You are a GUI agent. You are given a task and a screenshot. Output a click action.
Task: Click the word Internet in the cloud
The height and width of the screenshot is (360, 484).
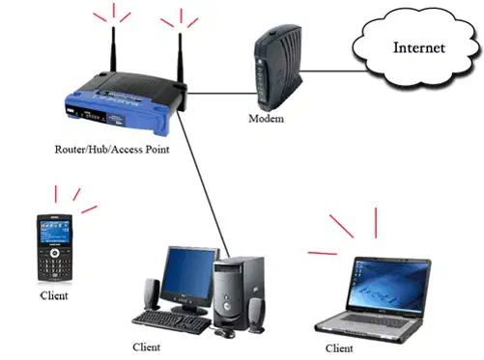pyautogui.click(x=419, y=47)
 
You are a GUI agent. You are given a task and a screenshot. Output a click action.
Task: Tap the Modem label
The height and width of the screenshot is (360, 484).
pyautogui.click(x=266, y=119)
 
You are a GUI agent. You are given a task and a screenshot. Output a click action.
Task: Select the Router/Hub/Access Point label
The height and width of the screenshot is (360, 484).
pyautogui.click(x=112, y=150)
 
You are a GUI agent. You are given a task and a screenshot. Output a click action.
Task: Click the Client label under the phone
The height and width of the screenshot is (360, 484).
pyautogui.click(x=54, y=295)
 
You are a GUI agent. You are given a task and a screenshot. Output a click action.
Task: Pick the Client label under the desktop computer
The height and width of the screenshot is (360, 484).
pyautogui.click(x=146, y=346)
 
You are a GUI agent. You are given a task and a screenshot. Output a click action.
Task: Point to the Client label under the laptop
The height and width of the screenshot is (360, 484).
pyautogui.click(x=339, y=347)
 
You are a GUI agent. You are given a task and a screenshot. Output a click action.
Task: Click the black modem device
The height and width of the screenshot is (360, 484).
pyautogui.click(x=278, y=68)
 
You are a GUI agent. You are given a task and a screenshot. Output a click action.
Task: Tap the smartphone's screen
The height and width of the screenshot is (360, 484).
pyautogui.click(x=55, y=232)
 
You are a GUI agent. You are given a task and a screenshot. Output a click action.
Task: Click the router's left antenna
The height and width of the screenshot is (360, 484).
pyautogui.click(x=113, y=49)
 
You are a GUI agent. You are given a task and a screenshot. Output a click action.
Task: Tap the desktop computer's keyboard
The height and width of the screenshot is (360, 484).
pyautogui.click(x=172, y=322)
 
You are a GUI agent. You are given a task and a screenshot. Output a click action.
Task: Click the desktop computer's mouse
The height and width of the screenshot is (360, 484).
pyautogui.click(x=225, y=333)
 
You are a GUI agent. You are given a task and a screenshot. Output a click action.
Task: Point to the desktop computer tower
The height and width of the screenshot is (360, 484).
pyautogui.click(x=239, y=292)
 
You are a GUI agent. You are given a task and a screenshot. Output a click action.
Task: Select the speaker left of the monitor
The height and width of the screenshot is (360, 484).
pyautogui.click(x=152, y=294)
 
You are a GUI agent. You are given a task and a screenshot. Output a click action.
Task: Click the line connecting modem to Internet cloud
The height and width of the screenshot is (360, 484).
pyautogui.click(x=333, y=71)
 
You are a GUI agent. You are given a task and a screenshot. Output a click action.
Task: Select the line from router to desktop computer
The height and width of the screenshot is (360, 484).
pyautogui.click(x=203, y=183)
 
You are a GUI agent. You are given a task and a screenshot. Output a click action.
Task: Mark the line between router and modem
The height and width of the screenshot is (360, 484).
pyautogui.click(x=222, y=94)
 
